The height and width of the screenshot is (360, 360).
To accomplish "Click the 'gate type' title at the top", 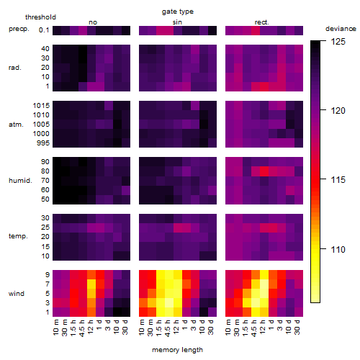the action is pos(178,12).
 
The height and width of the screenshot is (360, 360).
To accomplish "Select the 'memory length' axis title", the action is pos(177,350).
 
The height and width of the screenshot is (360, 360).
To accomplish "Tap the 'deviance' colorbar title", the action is pos(341,29).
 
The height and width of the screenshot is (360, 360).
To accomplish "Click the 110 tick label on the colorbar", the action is pos(338,250).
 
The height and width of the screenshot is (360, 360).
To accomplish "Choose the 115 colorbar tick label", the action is pos(338,180).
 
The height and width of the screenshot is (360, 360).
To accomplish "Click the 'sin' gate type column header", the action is pos(177,22).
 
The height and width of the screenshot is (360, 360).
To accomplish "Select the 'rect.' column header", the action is pos(262,22).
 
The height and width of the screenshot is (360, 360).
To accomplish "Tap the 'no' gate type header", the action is pos(93,22).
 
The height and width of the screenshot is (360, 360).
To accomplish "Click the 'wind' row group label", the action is pos(17,294).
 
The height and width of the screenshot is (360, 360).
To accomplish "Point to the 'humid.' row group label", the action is pos(20,181).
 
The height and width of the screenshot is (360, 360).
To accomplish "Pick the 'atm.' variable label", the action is pos(16,125).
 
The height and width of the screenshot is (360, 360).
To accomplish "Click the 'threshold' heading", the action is pos(40,17).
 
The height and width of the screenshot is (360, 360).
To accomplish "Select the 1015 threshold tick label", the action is pos(41,106).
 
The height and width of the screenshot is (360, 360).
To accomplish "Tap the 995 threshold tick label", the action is pos(43,143).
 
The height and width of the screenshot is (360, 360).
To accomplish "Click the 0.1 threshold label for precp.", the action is pos(44,30).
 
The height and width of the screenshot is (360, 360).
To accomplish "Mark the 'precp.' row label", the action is pos(19,29).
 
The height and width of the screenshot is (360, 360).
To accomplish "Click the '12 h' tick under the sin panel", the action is pos(176,327).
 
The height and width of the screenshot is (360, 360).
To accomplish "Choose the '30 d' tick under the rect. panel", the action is pos(297,327).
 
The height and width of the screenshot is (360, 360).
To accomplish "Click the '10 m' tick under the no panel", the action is pos(55,328).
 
